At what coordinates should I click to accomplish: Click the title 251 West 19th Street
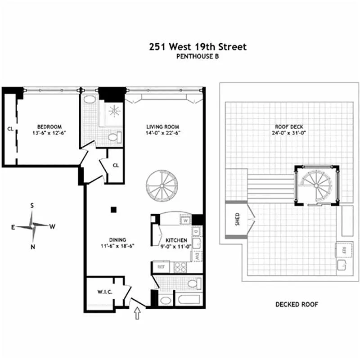click(198, 47)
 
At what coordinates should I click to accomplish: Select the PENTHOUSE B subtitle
click(198, 56)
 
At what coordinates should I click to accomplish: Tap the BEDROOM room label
click(49, 127)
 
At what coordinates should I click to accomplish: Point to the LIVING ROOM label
click(163, 127)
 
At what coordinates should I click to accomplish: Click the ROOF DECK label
click(288, 127)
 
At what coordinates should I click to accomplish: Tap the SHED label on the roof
click(238, 219)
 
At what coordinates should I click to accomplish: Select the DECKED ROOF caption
click(297, 305)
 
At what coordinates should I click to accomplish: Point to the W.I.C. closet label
click(104, 292)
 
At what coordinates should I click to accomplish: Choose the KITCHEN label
click(176, 241)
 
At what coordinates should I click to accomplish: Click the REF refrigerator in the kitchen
click(160, 266)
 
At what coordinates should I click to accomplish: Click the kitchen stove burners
click(180, 266)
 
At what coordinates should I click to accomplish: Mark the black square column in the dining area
click(114, 209)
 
